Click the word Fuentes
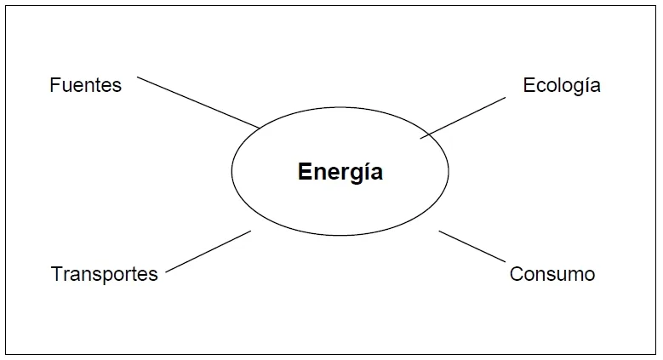point(85,85)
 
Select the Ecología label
point(562,86)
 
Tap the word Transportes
point(104,274)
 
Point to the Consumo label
point(552,274)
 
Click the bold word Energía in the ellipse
point(340,172)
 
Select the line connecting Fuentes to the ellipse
point(198,102)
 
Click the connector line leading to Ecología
point(463,118)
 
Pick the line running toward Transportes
point(208,251)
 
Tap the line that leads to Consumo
point(472,246)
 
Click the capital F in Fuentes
point(54,85)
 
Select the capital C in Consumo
point(517,274)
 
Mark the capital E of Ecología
point(529,85)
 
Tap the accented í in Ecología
point(583,84)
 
